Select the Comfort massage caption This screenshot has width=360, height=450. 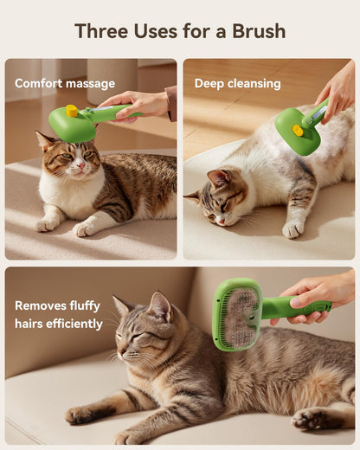(x=65, y=84)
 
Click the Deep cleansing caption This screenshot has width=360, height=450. (x=237, y=84)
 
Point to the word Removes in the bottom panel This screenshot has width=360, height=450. (x=44, y=305)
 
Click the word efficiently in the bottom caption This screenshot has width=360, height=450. (x=74, y=324)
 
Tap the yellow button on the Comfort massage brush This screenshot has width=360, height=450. (x=71, y=111)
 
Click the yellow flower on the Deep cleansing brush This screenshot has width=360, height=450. (x=298, y=131)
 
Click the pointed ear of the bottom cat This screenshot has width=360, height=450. (x=160, y=305)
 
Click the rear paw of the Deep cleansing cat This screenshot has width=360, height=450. (x=294, y=228)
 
